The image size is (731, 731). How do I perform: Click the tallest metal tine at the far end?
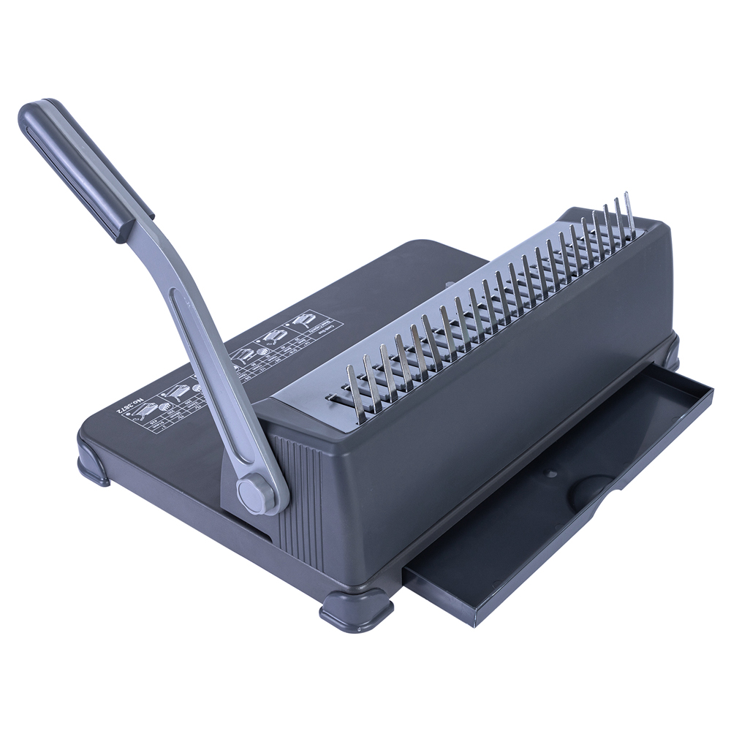point(627,212)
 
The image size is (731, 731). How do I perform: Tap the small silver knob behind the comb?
point(448,287)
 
